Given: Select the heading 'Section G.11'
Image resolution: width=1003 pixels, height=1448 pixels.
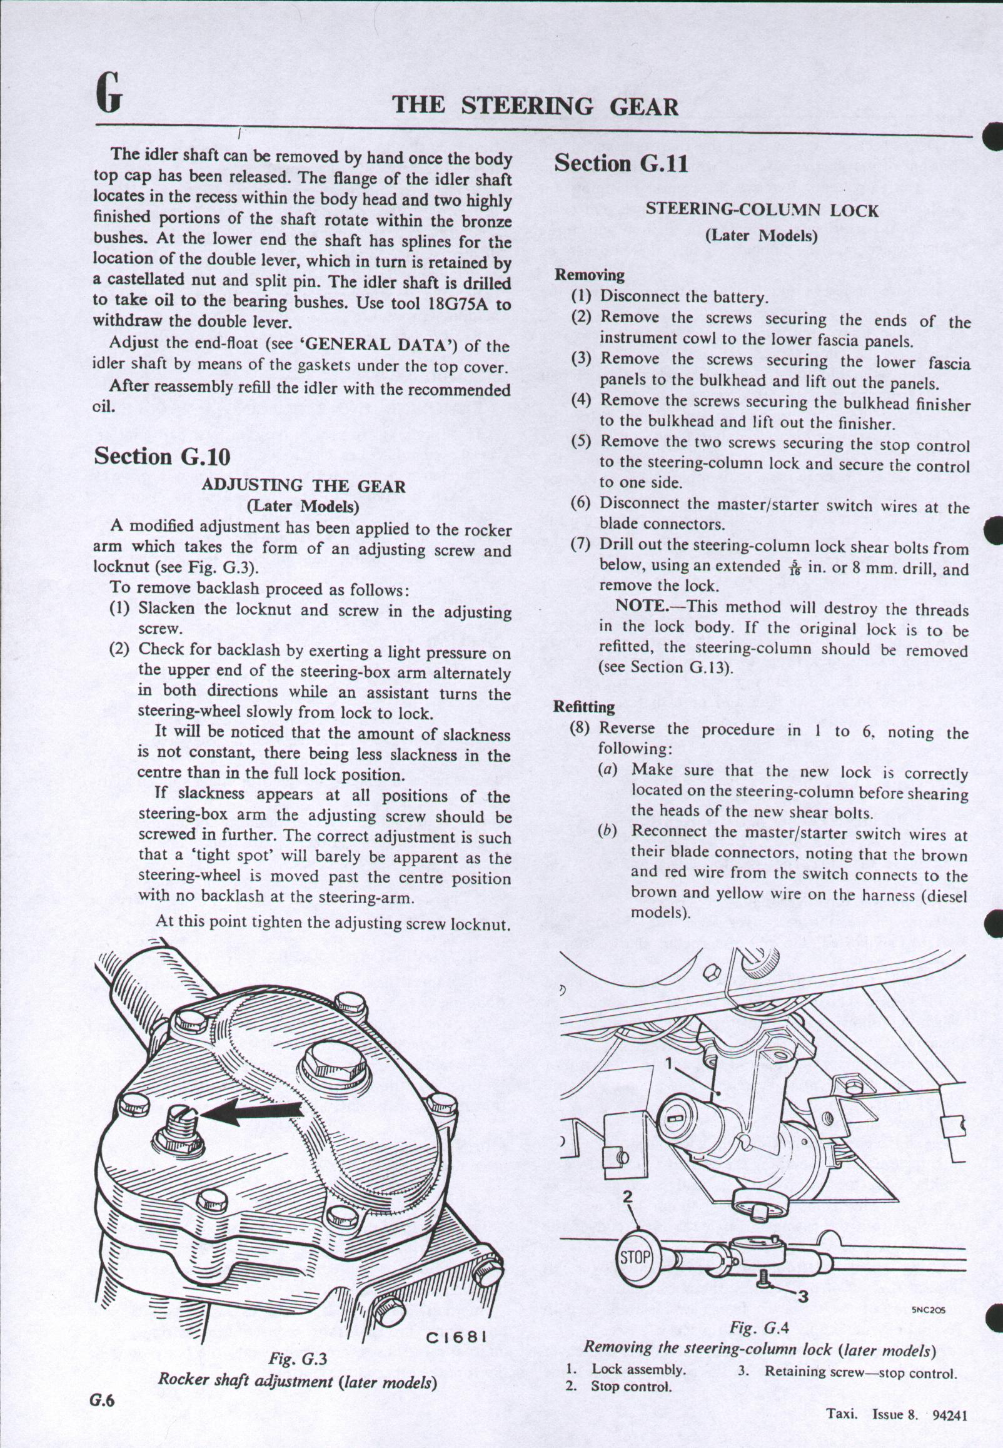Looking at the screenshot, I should [x=620, y=163].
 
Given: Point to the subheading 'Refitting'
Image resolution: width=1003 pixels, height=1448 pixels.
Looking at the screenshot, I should [x=584, y=707].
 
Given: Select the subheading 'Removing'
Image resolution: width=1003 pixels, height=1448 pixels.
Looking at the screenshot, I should [x=589, y=275].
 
